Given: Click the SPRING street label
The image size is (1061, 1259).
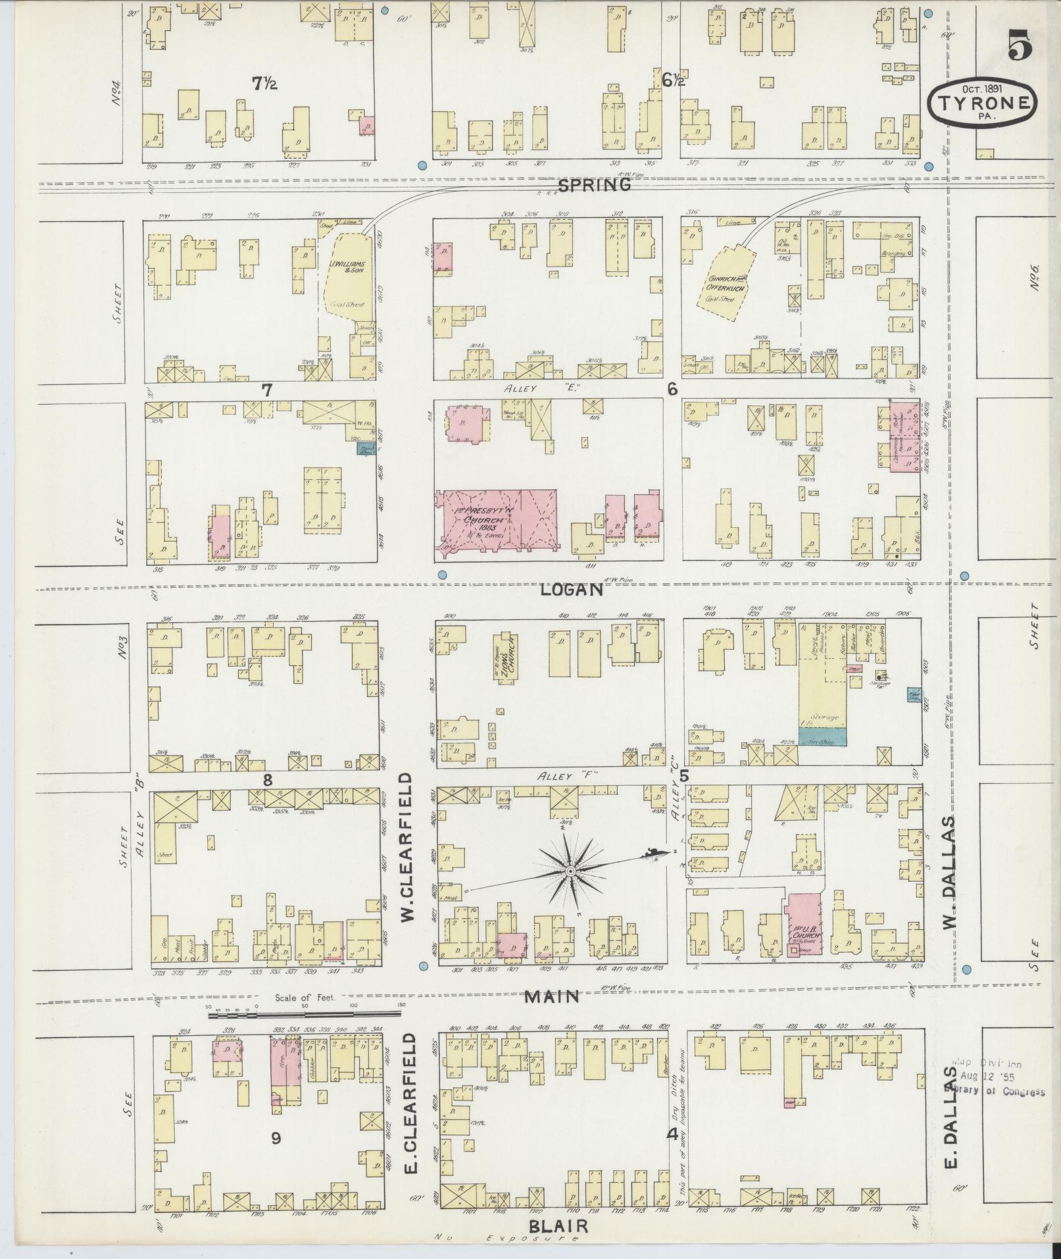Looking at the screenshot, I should click(594, 186).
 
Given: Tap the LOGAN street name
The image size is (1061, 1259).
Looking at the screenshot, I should click(571, 590).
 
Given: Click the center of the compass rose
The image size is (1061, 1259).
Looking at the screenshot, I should click(570, 872).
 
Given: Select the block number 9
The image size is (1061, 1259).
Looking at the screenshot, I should click(276, 1137).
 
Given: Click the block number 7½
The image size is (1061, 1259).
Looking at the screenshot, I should click(265, 83).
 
